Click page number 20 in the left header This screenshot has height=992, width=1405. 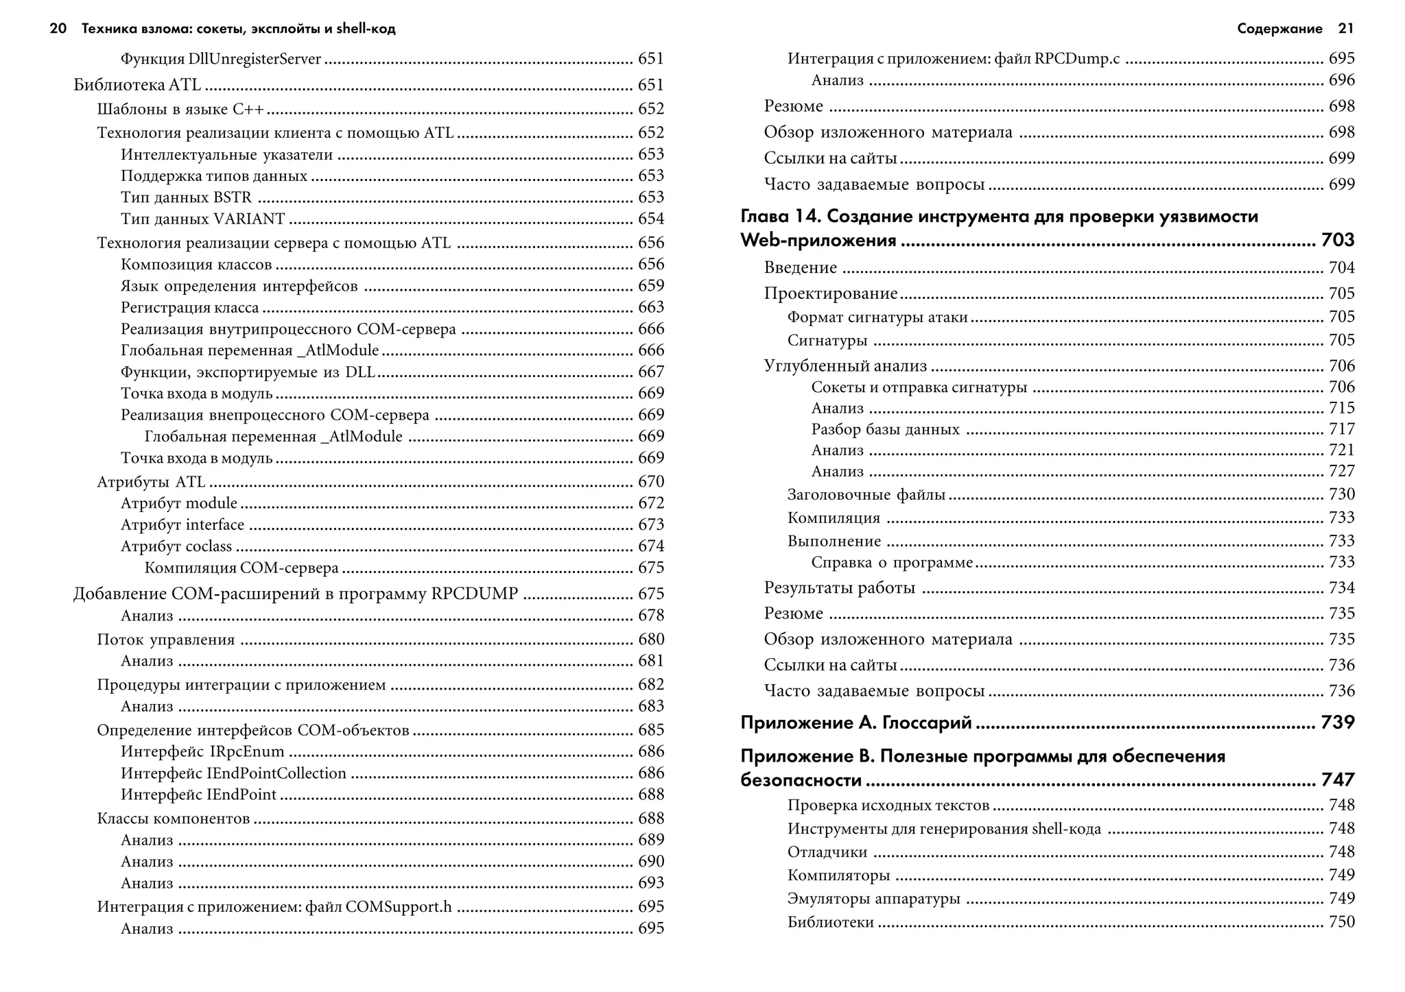point(58,29)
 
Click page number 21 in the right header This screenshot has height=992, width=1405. point(1346,29)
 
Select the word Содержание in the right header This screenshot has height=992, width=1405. point(1279,29)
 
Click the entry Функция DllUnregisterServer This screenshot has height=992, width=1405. point(221,60)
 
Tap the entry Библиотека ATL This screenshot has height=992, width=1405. point(137,85)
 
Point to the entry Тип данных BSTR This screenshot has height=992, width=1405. point(187,198)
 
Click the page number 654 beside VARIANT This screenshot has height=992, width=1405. point(650,219)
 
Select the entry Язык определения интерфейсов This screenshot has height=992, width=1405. point(239,287)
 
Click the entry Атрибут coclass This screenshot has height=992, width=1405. point(176,547)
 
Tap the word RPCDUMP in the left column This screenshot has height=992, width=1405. point(474,594)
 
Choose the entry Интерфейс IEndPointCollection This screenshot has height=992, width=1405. point(234,774)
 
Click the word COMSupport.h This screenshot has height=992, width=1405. point(399,907)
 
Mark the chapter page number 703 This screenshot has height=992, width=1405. point(1337,241)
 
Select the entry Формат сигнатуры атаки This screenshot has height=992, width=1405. point(877,317)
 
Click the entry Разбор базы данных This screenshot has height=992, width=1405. point(885,430)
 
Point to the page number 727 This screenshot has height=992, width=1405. point(1341,472)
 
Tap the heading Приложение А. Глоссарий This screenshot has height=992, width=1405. point(856,723)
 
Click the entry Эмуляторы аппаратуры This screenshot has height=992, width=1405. point(873,899)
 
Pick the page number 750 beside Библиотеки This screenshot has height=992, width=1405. point(1341,922)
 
